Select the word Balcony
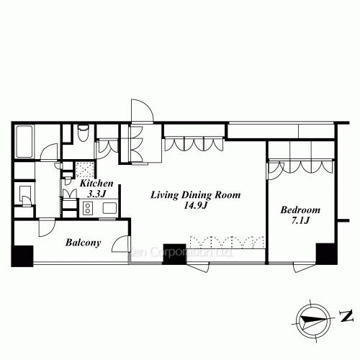click(x=82, y=243)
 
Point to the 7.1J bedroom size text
click(x=300, y=221)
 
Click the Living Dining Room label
click(x=194, y=194)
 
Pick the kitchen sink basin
click(x=109, y=209)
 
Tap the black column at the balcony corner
click(x=22, y=256)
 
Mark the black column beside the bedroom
click(x=326, y=254)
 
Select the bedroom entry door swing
click(x=275, y=169)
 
